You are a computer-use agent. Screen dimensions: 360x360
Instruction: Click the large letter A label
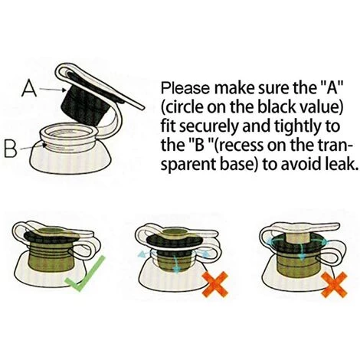29,88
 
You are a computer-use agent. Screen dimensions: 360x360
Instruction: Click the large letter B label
12,149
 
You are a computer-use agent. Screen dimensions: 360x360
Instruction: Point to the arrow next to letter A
53,90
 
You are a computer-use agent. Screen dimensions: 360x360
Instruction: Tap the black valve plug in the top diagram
86,102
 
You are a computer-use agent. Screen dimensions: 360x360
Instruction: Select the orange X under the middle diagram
215,284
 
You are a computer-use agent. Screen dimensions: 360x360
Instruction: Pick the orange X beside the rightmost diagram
335,285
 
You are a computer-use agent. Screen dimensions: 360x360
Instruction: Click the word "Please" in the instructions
186,89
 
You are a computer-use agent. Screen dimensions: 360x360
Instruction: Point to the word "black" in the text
273,106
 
